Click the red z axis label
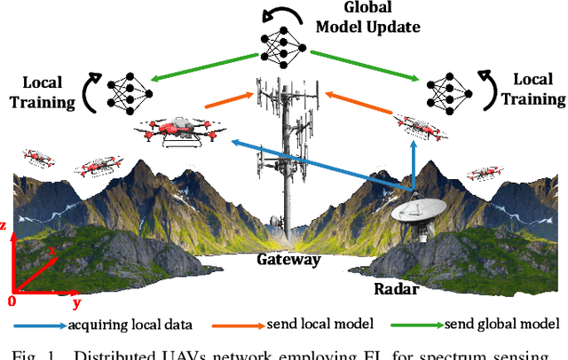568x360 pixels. click(x=6, y=226)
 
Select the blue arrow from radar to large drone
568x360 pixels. click(x=319, y=165)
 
